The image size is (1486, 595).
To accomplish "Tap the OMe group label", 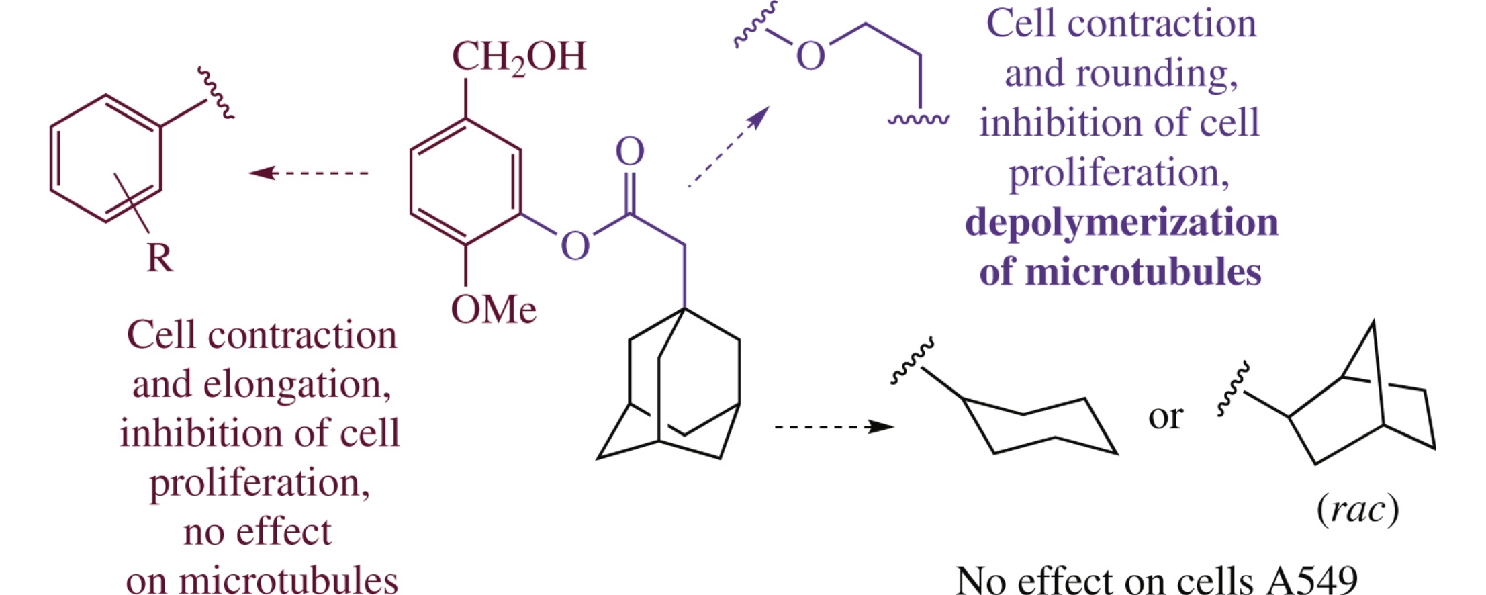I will click(x=494, y=310).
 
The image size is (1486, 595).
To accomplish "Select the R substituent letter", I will click(x=160, y=259).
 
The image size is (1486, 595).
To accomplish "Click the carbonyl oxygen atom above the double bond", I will click(x=630, y=152).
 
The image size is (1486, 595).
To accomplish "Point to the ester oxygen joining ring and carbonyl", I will click(x=575, y=246).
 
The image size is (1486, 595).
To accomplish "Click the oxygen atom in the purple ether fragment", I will click(x=810, y=56).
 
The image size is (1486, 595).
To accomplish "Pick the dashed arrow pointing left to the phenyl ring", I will click(x=309, y=173).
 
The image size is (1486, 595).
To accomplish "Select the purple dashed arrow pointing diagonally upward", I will click(x=729, y=146).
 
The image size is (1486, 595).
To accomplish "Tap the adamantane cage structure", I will click(x=671, y=390).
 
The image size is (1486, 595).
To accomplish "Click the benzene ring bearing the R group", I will click(x=106, y=158).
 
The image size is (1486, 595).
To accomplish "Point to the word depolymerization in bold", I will click(x=1121, y=223).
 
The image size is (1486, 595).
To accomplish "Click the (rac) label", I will click(x=1358, y=510).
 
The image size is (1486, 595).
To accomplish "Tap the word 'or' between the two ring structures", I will click(x=1165, y=416).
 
